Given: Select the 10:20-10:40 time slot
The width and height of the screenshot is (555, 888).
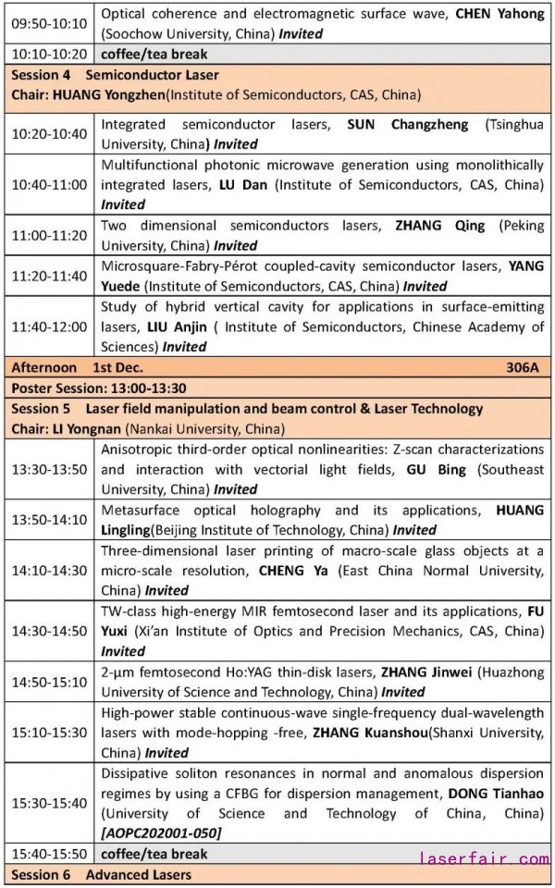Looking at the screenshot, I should pyautogui.click(x=49, y=134).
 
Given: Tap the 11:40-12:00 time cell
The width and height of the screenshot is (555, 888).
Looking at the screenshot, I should pyautogui.click(x=49, y=327).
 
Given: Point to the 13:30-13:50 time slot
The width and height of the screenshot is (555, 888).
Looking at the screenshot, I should pyautogui.click(x=49, y=469).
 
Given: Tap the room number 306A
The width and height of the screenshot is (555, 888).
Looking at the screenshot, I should pyautogui.click(x=524, y=366).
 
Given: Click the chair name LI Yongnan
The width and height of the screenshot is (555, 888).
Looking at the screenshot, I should pyautogui.click(x=84, y=428).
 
